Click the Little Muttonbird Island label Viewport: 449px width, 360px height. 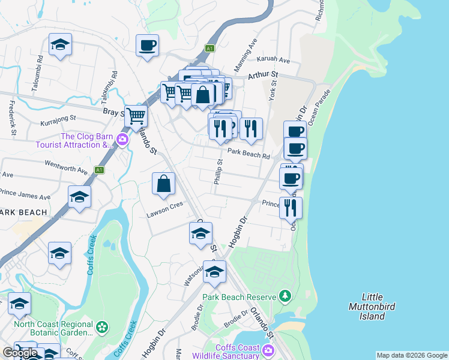pos(382,307)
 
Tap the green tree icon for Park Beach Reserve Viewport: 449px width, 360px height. pos(285,296)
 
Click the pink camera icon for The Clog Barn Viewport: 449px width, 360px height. pos(122,140)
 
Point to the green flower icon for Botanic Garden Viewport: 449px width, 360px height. pos(103,328)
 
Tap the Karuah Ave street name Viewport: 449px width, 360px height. pos(273,61)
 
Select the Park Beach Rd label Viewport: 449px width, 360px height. pos(252,155)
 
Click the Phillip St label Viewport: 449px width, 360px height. pos(219,171)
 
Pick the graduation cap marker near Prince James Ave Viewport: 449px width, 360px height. pos(79,197)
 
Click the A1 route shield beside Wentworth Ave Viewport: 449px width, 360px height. pos(100,170)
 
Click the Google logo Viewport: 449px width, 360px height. pos(20,353)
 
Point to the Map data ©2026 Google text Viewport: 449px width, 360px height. pos(412,355)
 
